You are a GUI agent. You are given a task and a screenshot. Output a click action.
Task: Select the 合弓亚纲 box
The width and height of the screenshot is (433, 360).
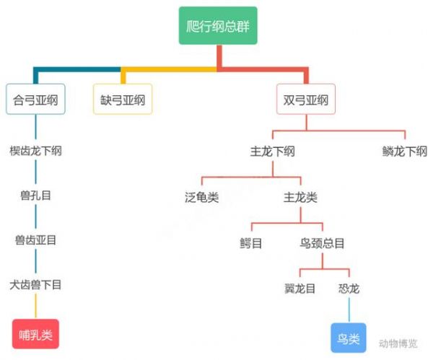[x=35, y=100]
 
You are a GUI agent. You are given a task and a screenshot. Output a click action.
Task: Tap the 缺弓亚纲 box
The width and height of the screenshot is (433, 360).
[x=122, y=100]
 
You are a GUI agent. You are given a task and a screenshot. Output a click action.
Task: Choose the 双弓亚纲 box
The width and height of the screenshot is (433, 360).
[x=307, y=100]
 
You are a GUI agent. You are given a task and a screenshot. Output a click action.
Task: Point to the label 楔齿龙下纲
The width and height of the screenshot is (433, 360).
[x=35, y=152]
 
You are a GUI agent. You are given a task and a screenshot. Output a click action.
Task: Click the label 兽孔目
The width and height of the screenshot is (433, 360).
[x=35, y=196]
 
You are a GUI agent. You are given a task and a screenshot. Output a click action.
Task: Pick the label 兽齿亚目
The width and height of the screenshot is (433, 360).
[x=35, y=240]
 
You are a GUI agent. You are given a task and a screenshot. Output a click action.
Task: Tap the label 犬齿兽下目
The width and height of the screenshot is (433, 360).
[x=35, y=284]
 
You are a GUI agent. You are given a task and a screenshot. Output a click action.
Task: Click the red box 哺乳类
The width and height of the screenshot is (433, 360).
[x=35, y=335]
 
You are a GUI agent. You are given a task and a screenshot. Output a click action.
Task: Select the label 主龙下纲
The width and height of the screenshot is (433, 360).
[x=272, y=152]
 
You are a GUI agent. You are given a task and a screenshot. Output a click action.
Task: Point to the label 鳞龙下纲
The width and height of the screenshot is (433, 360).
[x=405, y=152]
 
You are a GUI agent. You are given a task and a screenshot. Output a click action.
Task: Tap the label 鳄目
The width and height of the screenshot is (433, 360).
[x=251, y=243]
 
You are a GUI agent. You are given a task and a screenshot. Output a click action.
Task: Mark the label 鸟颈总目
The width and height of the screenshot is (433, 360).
[x=322, y=243]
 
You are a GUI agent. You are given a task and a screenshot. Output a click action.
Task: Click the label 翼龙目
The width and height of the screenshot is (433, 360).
[x=300, y=289]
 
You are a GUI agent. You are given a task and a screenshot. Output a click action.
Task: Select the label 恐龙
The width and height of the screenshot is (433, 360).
[x=349, y=289]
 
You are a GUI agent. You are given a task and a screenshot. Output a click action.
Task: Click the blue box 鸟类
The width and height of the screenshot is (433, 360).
[x=349, y=337]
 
